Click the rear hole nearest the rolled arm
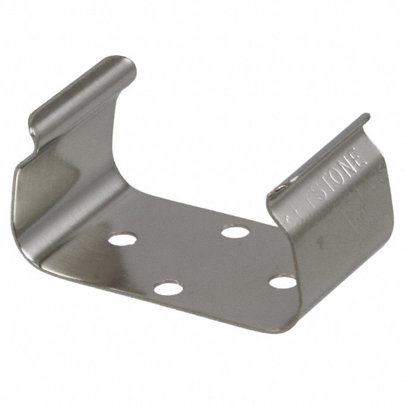[122, 239]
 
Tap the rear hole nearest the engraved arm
[235, 232]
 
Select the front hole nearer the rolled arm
[168, 289]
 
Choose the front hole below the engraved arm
[282, 282]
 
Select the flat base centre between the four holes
[202, 259]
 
